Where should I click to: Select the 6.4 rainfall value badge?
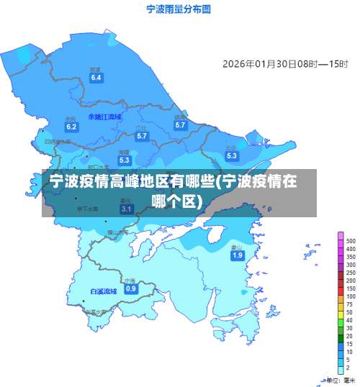point(96,77)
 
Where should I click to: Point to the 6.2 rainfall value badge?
point(71,127)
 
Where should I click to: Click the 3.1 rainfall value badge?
point(126,209)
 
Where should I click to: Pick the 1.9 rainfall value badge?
point(237,255)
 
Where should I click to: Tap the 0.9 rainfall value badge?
point(130,288)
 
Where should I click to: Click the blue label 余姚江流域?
point(104,116)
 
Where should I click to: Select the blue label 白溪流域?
point(103,291)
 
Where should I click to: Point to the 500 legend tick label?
point(351,241)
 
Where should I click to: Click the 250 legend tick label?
point(351,273)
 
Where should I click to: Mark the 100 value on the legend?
point(351,296)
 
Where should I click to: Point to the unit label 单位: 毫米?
point(338,379)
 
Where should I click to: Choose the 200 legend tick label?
point(351,281)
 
